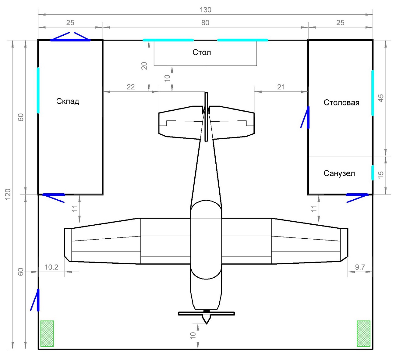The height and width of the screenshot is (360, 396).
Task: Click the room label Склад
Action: coord(68,101)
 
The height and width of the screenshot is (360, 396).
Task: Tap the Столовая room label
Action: coord(341,103)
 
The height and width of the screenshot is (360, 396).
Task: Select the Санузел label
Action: coord(339,173)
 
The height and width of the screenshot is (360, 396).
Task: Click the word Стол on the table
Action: coord(202,52)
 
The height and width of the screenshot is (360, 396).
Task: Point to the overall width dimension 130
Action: coord(205,10)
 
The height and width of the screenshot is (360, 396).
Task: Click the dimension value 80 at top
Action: coord(205,23)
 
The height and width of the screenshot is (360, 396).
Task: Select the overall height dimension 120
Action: coord(8,194)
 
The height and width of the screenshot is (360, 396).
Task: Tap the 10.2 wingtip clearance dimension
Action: coord(51,267)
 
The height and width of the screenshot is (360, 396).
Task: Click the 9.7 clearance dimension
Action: coord(360,267)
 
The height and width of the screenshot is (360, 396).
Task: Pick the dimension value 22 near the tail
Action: coord(130,87)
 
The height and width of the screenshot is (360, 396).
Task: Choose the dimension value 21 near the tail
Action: coord(281,87)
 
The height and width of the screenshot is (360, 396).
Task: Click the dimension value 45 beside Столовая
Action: coord(381,98)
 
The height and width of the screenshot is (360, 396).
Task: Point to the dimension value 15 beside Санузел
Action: coord(381,175)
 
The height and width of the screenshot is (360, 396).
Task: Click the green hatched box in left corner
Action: coord(47,333)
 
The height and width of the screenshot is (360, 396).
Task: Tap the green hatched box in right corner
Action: coord(363,333)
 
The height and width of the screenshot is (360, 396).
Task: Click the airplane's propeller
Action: coord(206,313)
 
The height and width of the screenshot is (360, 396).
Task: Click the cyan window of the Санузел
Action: coord(373,173)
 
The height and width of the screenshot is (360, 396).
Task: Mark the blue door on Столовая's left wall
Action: coord(308,117)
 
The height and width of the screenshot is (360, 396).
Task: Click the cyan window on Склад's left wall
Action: coord(38,90)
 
